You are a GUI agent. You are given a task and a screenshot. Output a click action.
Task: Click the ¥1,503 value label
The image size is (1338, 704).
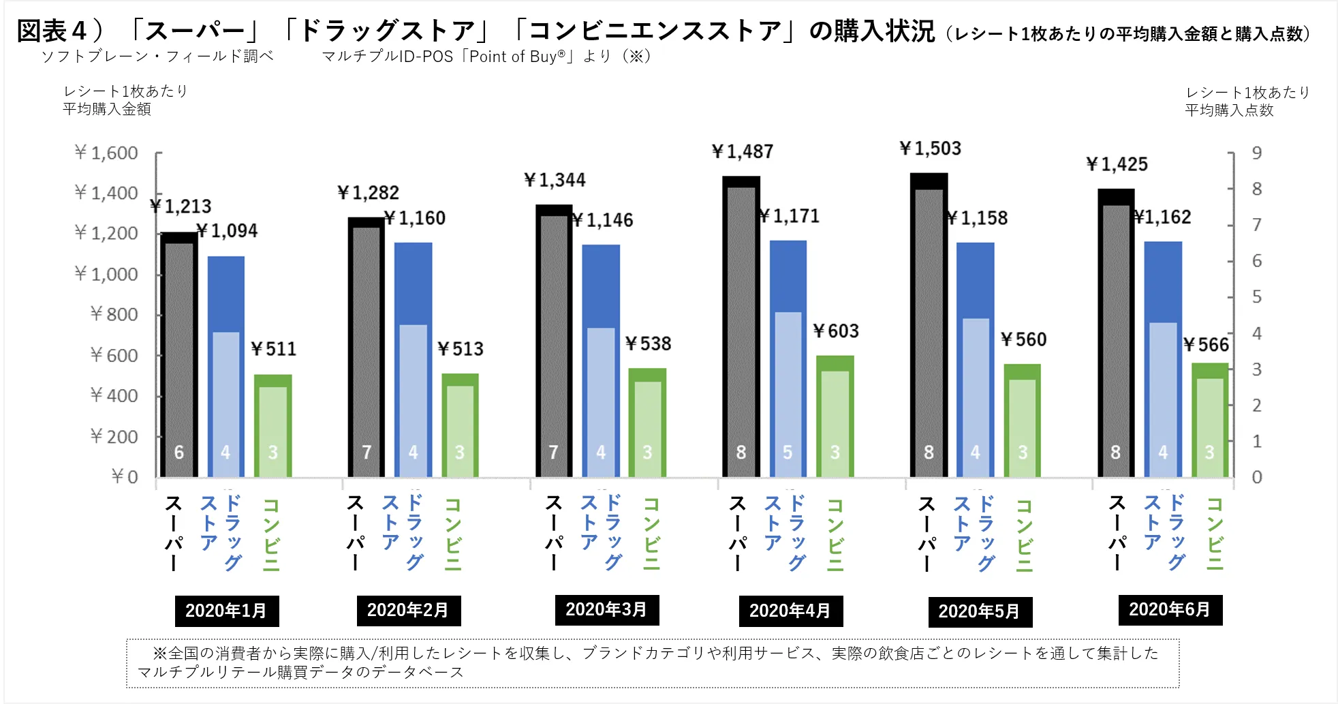click(930, 149)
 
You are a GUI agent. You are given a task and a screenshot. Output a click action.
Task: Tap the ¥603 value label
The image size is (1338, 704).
click(836, 331)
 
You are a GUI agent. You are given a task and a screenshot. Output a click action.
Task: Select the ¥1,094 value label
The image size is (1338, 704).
click(227, 231)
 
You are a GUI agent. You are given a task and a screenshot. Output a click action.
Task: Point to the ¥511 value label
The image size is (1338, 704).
click(273, 349)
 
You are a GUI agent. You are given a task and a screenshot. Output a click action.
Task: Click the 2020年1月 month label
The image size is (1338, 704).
click(226, 611)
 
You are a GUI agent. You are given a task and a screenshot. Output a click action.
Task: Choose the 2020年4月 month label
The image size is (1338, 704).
click(790, 611)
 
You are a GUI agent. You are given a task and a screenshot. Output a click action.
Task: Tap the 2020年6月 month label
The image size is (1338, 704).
click(1170, 609)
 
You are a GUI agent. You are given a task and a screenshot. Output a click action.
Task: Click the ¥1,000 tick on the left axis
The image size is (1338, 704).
click(106, 274)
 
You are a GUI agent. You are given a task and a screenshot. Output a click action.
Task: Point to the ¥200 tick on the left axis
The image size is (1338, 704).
click(114, 436)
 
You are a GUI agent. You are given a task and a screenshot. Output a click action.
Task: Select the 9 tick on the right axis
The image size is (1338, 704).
click(1257, 153)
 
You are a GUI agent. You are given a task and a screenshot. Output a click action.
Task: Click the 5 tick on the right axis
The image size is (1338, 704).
click(1257, 297)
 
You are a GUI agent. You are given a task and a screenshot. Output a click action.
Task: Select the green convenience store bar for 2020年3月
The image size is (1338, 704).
click(647, 423)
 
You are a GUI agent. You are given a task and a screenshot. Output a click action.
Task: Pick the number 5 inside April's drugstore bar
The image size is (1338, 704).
click(788, 453)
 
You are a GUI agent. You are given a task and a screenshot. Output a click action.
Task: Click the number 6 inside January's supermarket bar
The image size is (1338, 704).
click(178, 453)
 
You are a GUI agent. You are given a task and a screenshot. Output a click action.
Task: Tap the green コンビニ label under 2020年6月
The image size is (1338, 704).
click(1215, 534)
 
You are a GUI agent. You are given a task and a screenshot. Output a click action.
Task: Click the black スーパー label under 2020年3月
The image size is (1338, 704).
click(554, 533)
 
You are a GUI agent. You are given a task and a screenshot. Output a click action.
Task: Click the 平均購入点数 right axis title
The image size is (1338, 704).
click(1229, 110)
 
